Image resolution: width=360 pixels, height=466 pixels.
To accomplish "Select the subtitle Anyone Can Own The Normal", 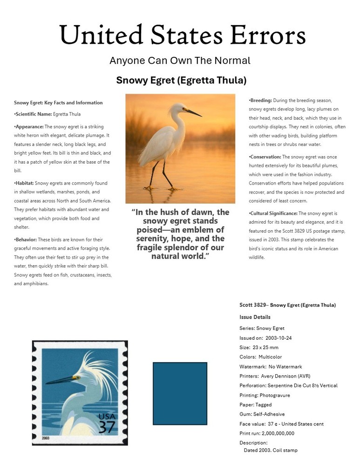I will point(180,61).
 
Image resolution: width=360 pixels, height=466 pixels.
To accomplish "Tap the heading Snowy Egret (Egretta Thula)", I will point(181,80).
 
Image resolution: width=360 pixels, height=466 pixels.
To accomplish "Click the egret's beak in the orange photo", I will point(193,112).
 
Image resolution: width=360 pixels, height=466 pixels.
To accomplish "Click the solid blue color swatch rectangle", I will point(180,394).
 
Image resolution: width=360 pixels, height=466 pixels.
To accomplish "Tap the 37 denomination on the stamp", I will point(107,426).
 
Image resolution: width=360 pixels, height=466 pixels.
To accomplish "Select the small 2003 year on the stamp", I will point(46,439).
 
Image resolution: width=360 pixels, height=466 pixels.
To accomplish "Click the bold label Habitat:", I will point(24,184).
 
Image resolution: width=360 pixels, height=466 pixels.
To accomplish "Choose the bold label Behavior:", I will point(25,240).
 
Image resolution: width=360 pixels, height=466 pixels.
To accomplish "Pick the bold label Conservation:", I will point(265,157).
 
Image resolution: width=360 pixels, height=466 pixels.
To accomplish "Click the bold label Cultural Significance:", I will point(273,213).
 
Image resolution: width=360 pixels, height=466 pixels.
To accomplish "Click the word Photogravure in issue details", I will point(275,395).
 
